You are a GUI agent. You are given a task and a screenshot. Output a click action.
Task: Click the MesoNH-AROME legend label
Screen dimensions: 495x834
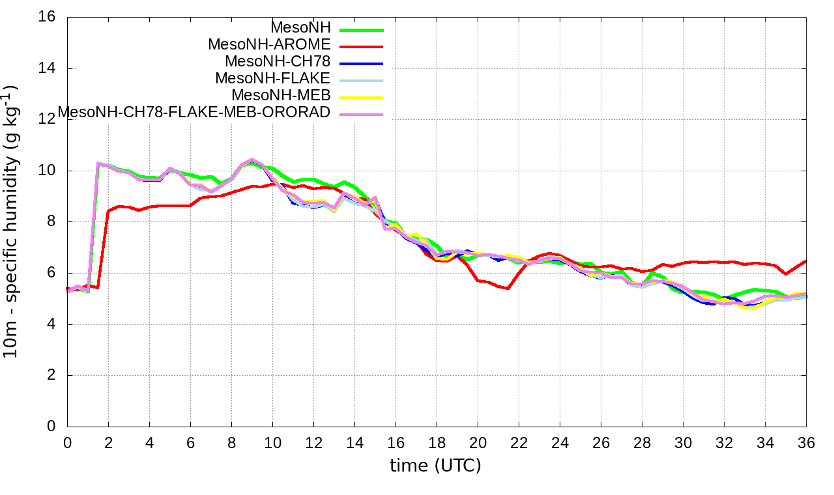pos(269,44)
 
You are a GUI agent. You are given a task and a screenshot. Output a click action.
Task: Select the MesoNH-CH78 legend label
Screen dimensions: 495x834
pos(278,61)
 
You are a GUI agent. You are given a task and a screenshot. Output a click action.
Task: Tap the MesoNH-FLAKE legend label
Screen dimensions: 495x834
pos(273,78)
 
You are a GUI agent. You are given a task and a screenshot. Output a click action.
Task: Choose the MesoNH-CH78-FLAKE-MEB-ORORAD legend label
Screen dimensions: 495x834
pos(194,112)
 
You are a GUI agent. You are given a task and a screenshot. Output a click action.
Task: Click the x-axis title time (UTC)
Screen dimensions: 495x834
pos(435,466)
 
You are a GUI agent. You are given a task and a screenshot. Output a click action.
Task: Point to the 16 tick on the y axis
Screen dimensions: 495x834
pos(48,18)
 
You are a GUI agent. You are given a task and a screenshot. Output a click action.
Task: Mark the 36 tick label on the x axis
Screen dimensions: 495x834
pos(806,442)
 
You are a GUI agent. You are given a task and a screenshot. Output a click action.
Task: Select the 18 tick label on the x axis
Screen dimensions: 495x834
pos(437,442)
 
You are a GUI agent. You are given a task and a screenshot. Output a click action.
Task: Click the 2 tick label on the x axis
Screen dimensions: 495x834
pos(108,442)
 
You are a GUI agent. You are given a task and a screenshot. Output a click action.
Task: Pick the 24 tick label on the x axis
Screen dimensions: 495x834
pos(560,442)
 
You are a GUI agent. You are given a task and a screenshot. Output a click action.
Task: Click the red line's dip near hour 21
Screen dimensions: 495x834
pos(507,288)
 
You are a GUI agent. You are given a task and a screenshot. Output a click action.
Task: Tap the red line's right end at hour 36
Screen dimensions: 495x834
pos(806,261)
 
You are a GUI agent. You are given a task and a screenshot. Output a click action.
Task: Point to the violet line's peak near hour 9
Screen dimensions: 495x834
pos(252,160)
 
